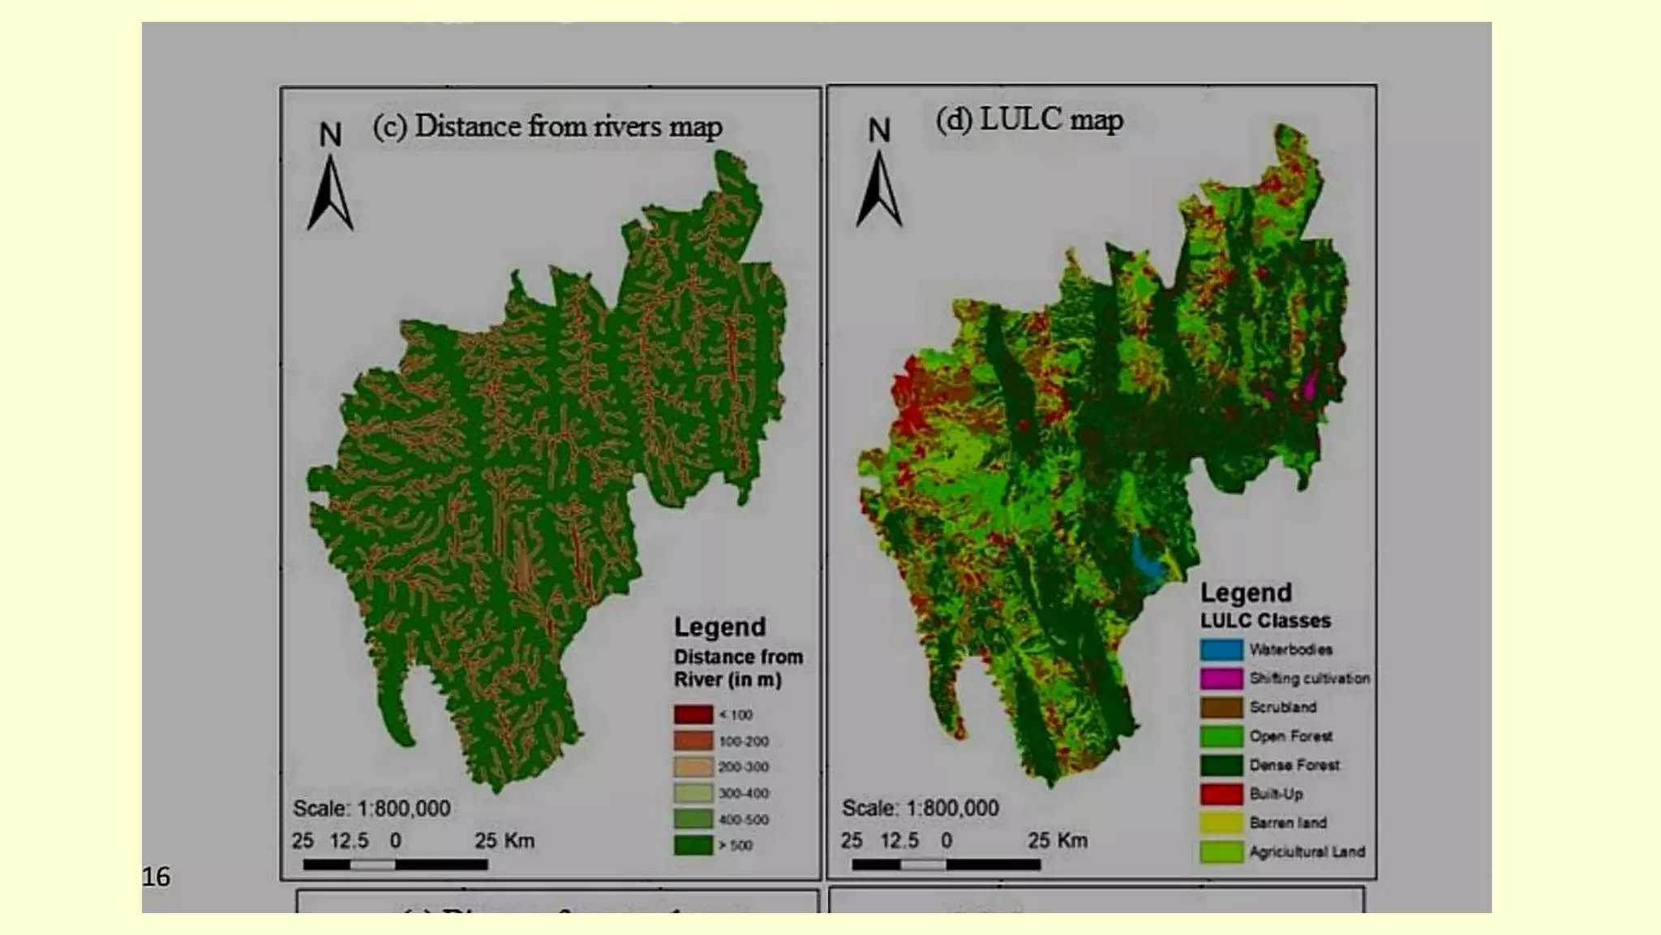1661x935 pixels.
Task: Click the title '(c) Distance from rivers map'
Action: click(547, 127)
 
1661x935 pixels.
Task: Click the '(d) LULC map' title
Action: click(1029, 120)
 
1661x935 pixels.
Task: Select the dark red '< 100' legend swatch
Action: click(693, 714)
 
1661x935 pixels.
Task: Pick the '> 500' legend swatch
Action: click(693, 845)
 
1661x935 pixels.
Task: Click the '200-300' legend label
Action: click(744, 767)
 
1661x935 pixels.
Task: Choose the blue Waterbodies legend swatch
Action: click(1221, 649)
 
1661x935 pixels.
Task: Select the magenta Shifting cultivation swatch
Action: click(1221, 679)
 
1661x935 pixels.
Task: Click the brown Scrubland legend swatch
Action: click(1221, 707)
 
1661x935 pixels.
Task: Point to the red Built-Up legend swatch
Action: click(1221, 794)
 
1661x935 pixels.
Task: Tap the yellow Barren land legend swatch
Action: click(1221, 823)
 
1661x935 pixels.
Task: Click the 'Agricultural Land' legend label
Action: click(1307, 851)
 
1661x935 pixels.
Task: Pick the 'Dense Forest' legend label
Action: click(1294, 765)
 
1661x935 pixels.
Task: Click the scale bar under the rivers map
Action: click(396, 865)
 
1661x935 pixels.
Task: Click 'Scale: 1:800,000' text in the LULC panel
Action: click(921, 808)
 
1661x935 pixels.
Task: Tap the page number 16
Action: click(156, 877)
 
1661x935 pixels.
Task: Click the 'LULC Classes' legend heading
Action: click(1265, 621)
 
